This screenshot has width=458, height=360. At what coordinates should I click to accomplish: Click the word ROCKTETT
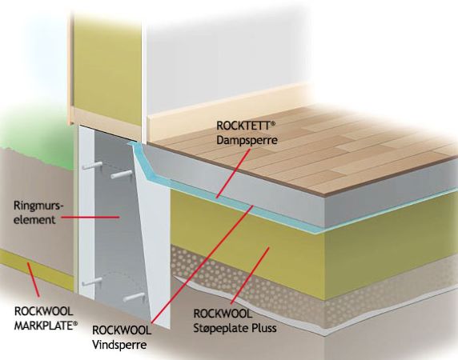pos(243,126)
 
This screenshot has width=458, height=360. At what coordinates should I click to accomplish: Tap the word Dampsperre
pos(247,140)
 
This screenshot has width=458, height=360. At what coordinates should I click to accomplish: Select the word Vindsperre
pos(119,345)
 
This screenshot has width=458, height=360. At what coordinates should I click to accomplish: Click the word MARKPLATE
pos(44,326)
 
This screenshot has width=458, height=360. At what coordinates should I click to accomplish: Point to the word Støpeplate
pos(216,328)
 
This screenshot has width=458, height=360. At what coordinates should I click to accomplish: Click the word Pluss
pos(259,328)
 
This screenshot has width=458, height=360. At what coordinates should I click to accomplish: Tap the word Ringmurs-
pos(38,206)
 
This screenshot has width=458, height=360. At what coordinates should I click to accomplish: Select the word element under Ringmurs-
pos(34,219)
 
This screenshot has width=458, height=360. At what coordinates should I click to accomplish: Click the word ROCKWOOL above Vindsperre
pos(122,330)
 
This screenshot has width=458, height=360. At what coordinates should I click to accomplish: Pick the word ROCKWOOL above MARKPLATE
pos(43,311)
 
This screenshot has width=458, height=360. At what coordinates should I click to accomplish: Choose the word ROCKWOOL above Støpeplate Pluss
pos(223,314)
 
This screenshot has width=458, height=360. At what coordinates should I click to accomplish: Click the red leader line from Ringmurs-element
pos(90,217)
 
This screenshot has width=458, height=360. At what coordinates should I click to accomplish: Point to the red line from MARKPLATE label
pos(34,279)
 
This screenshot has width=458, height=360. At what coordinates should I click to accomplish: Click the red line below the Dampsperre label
pos(233,174)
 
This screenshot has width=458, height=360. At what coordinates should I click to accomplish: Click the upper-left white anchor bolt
pos(91,166)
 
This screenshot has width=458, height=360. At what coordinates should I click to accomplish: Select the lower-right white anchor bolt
pos(134,297)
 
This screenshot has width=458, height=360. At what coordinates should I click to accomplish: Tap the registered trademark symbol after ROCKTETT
pos(273,124)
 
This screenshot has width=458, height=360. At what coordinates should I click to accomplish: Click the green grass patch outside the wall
pos(35,137)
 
